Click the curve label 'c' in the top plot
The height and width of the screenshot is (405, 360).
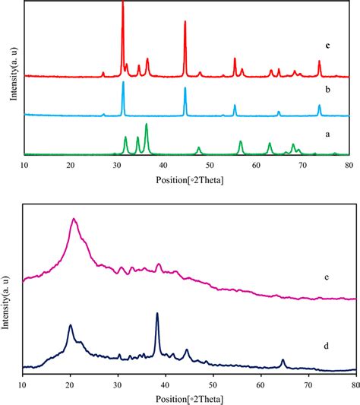coord(327,46)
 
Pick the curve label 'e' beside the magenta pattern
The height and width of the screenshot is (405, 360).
coord(325,277)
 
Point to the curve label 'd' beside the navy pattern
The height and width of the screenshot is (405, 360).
coord(326,346)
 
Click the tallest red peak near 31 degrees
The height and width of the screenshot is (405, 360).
coord(123,5)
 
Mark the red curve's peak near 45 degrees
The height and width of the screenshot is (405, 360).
coord(185,22)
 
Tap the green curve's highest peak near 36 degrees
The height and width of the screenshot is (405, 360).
coord(146,125)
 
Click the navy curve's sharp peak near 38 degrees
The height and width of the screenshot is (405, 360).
coord(157,314)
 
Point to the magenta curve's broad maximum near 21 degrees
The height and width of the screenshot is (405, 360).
coord(74,220)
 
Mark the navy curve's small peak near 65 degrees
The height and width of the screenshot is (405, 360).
coord(283,360)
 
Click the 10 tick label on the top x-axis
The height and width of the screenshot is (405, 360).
coord(24,165)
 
